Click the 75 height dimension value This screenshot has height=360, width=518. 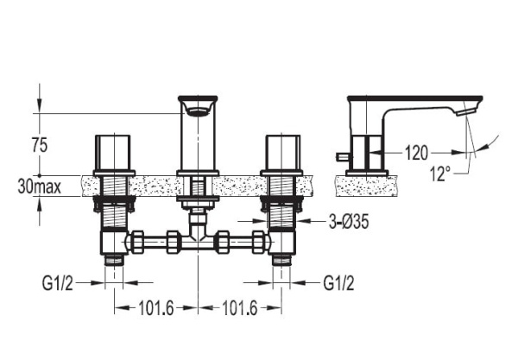click(x=40, y=145)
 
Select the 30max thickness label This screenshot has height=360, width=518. click(x=40, y=186)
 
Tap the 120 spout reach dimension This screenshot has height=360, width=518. click(x=416, y=153)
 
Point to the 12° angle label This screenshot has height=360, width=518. click(x=440, y=174)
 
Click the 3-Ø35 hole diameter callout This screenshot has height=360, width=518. click(x=349, y=222)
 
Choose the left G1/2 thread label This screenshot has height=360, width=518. click(x=58, y=283)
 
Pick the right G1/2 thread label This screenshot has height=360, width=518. click(x=338, y=283)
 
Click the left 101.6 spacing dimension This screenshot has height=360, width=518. click(x=155, y=308)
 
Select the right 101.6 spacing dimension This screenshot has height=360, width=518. click(x=239, y=308)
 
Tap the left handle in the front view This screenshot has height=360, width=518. click(x=112, y=153)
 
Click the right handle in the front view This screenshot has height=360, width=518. click(x=283, y=153)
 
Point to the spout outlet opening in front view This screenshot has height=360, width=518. click(x=199, y=111)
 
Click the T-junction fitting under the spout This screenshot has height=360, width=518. click(x=198, y=238)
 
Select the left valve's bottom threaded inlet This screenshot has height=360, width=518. click(x=114, y=260)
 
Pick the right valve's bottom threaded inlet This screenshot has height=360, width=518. click(x=281, y=260)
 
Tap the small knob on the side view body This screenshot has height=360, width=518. click(x=341, y=156)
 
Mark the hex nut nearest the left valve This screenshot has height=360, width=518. click(x=137, y=242)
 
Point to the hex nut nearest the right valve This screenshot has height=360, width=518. click(x=258, y=242)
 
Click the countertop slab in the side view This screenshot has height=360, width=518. click(x=367, y=186)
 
